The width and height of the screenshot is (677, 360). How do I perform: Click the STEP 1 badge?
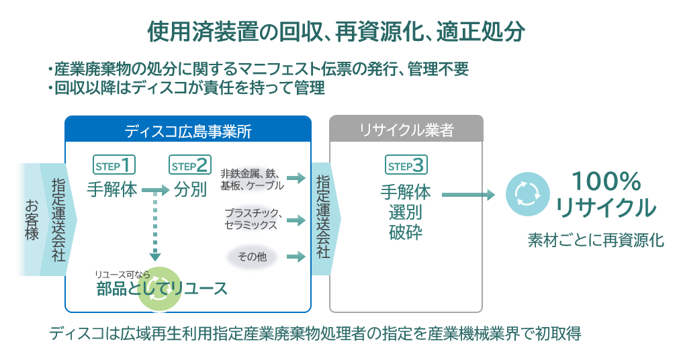[114, 165]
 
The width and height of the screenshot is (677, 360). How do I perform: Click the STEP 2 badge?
[191, 165]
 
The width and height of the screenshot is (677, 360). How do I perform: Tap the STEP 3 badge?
[406, 165]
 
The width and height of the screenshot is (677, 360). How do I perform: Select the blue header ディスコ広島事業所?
[188, 130]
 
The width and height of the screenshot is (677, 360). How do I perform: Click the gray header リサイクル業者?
[406, 130]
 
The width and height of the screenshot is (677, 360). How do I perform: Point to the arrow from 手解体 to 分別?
[155, 191]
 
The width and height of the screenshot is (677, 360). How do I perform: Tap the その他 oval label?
[252, 256]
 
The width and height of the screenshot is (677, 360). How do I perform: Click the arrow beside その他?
[295, 256]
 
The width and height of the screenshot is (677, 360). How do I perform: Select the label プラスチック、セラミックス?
[253, 219]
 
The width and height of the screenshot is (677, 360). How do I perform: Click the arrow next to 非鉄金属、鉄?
[295, 179]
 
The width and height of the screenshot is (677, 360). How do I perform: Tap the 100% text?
[606, 181]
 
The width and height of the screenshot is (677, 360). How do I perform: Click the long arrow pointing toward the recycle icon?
[468, 195]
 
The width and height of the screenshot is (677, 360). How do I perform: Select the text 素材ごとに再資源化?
[595, 240]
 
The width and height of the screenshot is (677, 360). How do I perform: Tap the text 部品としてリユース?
[161, 289]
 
